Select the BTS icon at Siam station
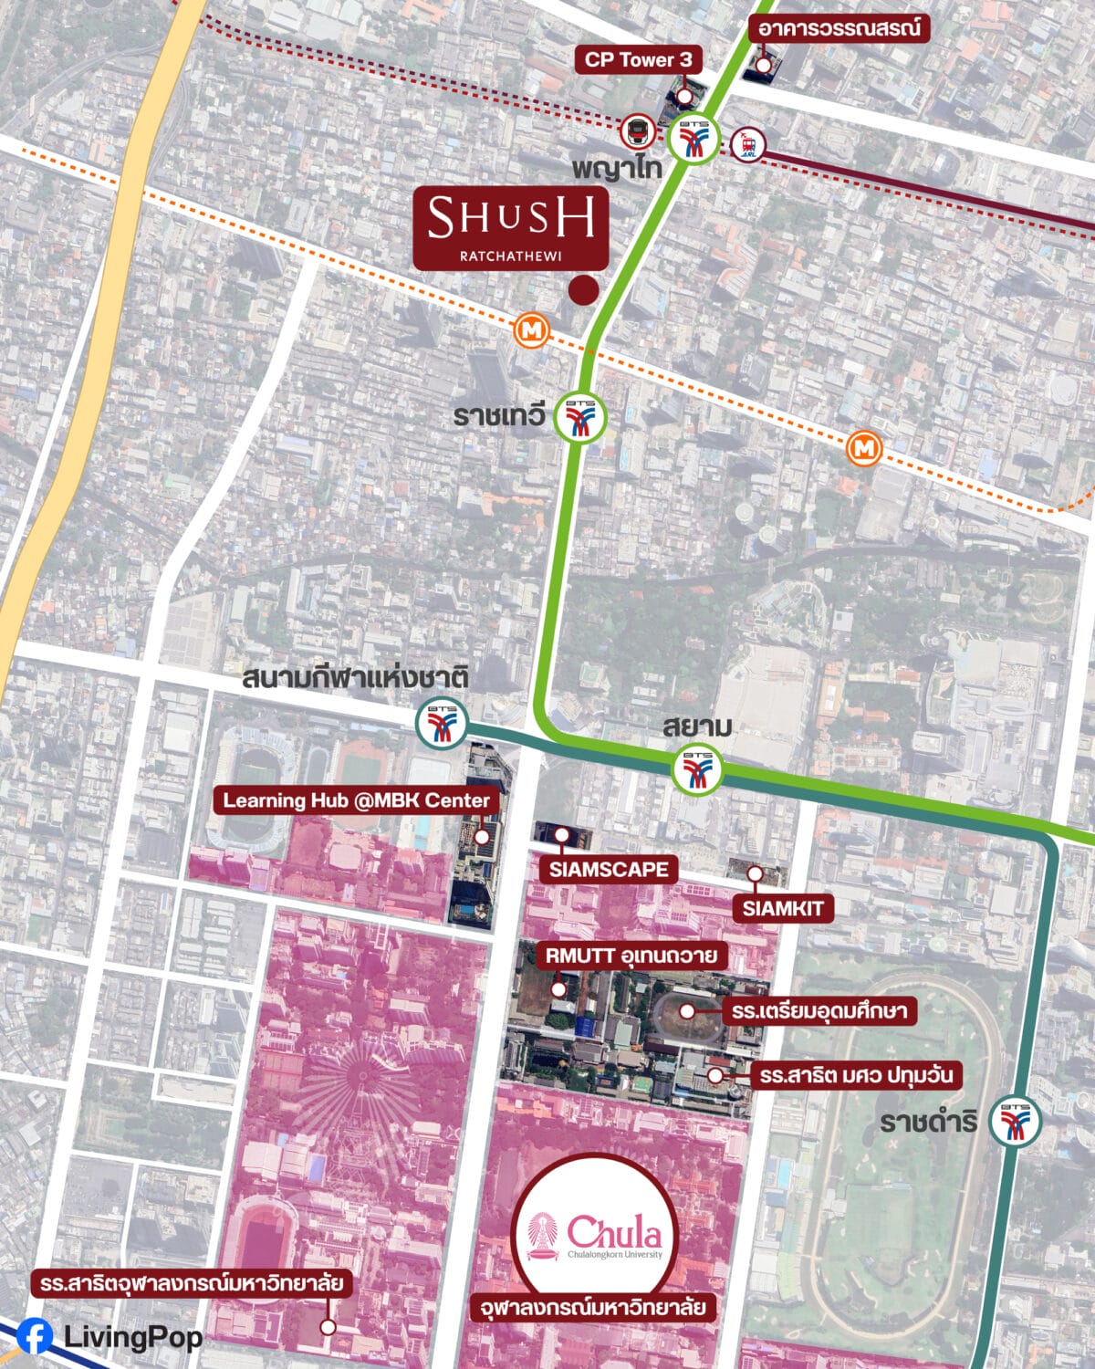pos(697,769)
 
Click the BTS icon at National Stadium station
pos(442,724)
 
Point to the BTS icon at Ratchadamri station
pos(1015,1120)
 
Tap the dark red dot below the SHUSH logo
pos(583,290)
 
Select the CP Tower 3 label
pos(638,60)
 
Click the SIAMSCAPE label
pos(609,869)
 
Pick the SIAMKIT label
pos(782,908)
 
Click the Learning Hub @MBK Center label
pos(357,800)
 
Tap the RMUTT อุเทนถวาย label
pos(631,956)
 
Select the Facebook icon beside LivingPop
pos(34,1337)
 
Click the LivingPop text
pos(133,1337)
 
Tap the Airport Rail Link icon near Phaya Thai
pos(748,143)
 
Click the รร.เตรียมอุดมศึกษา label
pos(819,1010)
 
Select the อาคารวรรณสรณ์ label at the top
pos(839,28)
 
